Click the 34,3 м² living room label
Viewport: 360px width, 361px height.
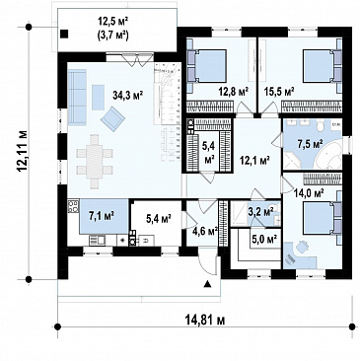click(128, 96)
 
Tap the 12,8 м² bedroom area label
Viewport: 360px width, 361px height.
click(234, 91)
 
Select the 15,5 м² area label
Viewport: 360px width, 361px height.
click(279, 91)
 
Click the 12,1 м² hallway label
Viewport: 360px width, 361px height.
click(255, 160)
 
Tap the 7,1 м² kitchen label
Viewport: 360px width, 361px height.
click(102, 216)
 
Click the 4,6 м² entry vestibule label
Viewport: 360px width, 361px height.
click(204, 231)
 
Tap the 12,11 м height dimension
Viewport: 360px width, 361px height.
click(23, 152)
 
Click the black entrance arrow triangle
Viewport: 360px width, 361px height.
click(207, 283)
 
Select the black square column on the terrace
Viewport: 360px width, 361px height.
click(64, 34)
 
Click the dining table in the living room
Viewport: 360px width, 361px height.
click(95, 162)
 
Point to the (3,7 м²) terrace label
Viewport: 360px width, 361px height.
click(112, 35)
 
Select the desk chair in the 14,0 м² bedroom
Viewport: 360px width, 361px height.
click(303, 246)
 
